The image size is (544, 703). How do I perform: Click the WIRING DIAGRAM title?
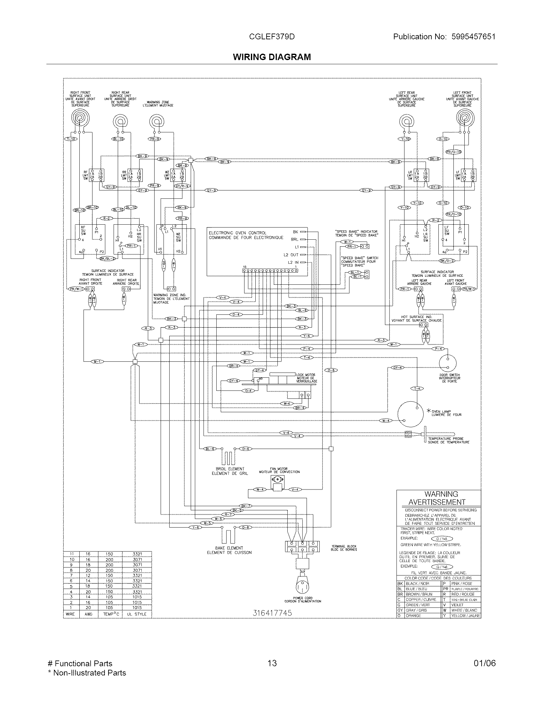click(x=272, y=57)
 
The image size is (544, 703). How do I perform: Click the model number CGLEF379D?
click(x=272, y=37)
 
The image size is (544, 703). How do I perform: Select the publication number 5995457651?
click(x=473, y=37)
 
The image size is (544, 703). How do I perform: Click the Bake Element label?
click(x=229, y=550)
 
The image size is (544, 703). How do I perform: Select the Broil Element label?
click(x=230, y=471)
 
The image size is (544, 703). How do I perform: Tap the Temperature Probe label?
click(x=448, y=440)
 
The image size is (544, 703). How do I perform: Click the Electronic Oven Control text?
click(x=246, y=235)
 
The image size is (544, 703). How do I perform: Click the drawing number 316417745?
click(x=272, y=613)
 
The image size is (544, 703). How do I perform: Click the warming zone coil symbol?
click(x=156, y=122)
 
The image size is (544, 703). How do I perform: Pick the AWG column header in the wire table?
click(x=88, y=614)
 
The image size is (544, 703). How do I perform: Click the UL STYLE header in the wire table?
click(x=137, y=614)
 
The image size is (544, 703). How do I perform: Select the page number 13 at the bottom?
click(x=272, y=663)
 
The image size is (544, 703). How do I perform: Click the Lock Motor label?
click(x=307, y=378)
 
